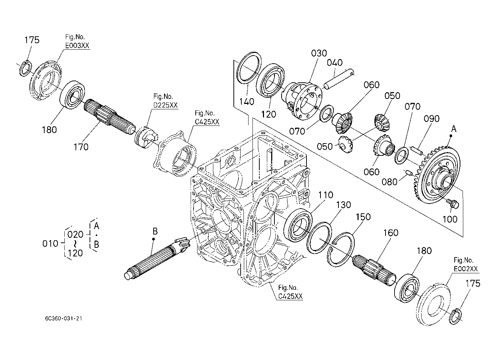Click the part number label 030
(x=319, y=53)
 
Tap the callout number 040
(x=335, y=63)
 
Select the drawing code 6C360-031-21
(x=64, y=319)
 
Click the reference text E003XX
(x=77, y=45)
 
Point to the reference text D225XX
(x=165, y=105)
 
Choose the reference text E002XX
(x=466, y=269)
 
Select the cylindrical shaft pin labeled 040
(x=339, y=79)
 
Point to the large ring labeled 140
(x=249, y=68)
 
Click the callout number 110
(x=326, y=195)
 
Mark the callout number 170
(x=81, y=147)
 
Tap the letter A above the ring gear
(x=454, y=129)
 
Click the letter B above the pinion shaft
(x=155, y=231)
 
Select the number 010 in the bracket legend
(x=50, y=243)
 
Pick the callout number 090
(x=432, y=119)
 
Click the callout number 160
(x=391, y=233)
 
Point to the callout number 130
(x=343, y=205)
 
